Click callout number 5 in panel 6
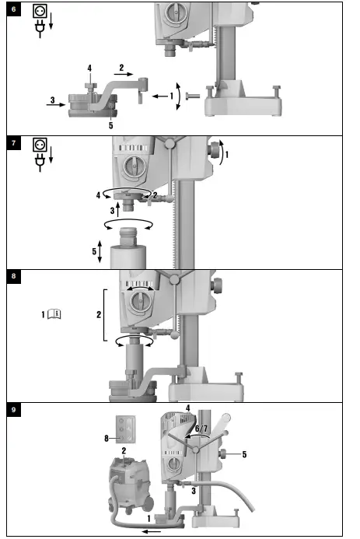[110, 124]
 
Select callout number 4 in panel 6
[90, 68]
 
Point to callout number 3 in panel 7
[111, 209]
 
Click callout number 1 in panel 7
[227, 156]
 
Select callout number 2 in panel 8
[98, 316]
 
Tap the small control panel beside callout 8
[126, 429]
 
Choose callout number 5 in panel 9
[243, 453]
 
